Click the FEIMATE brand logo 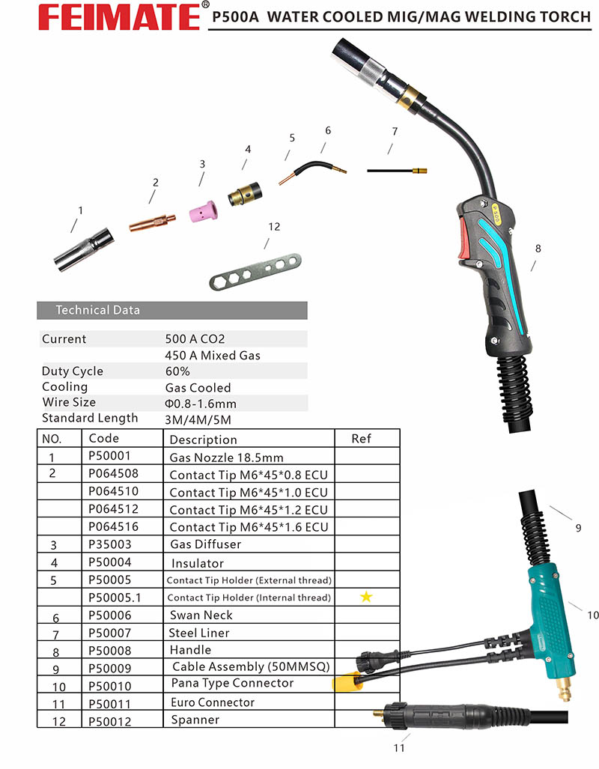[105, 16]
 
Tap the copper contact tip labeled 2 [152, 222]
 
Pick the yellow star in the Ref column [366, 597]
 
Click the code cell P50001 [109, 457]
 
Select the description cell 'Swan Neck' [201, 615]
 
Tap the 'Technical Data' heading [98, 310]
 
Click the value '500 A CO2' [195, 338]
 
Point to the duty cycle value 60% [177, 371]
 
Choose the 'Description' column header [203, 440]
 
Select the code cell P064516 [114, 526]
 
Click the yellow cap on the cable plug [347, 682]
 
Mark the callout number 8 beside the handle [538, 249]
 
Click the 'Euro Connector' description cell [213, 702]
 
